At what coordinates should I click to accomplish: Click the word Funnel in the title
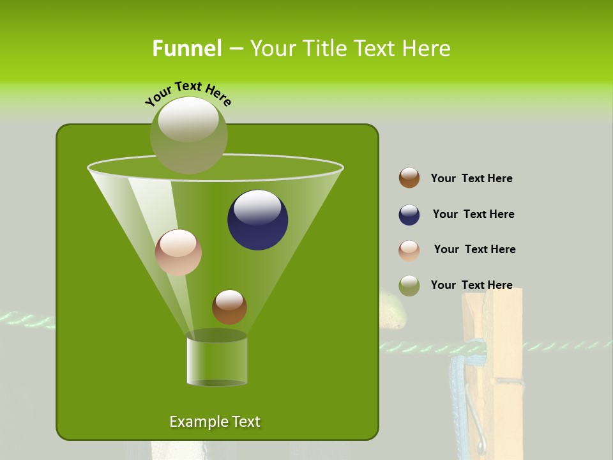[x=186, y=49]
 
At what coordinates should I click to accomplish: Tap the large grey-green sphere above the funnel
[x=188, y=135]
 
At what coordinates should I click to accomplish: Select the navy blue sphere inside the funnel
[x=258, y=220]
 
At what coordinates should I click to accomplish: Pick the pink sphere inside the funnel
[x=178, y=252]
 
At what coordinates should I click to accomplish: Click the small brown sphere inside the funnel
[x=229, y=307]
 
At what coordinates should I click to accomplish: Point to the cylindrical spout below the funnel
[x=216, y=361]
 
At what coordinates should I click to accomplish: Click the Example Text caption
[x=215, y=422]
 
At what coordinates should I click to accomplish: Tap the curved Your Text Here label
[x=188, y=93]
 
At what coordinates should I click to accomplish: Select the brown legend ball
[x=409, y=178]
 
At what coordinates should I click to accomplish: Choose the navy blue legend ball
[x=409, y=215]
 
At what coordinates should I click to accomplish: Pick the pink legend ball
[x=409, y=250]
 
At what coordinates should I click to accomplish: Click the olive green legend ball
[x=409, y=286]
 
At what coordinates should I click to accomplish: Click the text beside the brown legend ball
[x=471, y=178]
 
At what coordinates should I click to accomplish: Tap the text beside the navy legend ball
[x=473, y=214]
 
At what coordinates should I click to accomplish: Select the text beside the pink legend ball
[x=474, y=249]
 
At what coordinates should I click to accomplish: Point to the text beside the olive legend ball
[x=471, y=285]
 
